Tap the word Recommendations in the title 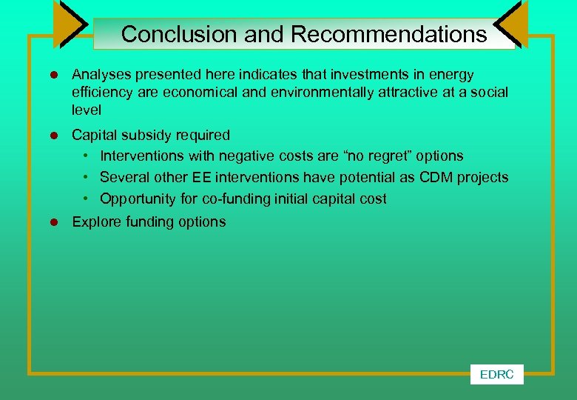[388, 34]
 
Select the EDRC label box [496, 375]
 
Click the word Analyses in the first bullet [98, 75]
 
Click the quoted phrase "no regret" [377, 156]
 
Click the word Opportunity [138, 199]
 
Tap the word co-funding [233, 199]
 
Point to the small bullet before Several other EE [87, 178]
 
